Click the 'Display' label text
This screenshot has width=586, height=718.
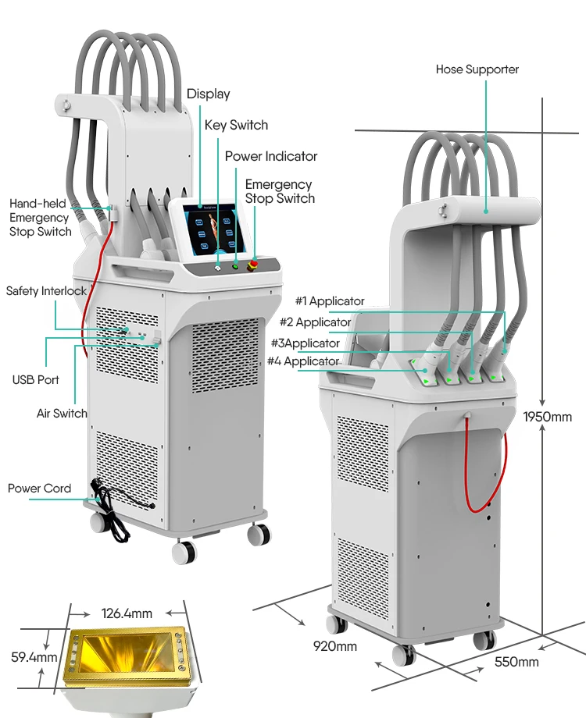208,94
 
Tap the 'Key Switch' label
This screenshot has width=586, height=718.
236,125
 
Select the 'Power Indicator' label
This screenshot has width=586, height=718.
271,156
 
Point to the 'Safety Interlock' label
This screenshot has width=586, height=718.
46,291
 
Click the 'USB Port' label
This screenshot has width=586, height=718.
35,380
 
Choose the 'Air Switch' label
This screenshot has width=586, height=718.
62,413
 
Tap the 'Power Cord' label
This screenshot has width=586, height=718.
39,489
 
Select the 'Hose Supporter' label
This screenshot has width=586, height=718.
477,69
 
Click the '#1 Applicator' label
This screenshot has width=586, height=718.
329,301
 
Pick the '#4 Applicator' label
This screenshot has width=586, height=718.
303,361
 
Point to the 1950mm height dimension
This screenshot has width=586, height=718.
548,416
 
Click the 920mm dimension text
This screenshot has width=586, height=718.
334,645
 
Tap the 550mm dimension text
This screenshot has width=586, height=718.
516,662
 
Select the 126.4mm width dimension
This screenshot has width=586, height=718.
127,613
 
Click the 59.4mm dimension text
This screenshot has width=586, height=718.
29,657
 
